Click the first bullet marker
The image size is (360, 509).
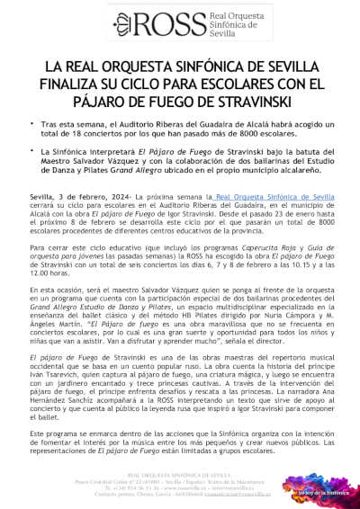pos(33,128)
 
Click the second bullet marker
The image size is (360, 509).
pos(33,155)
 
